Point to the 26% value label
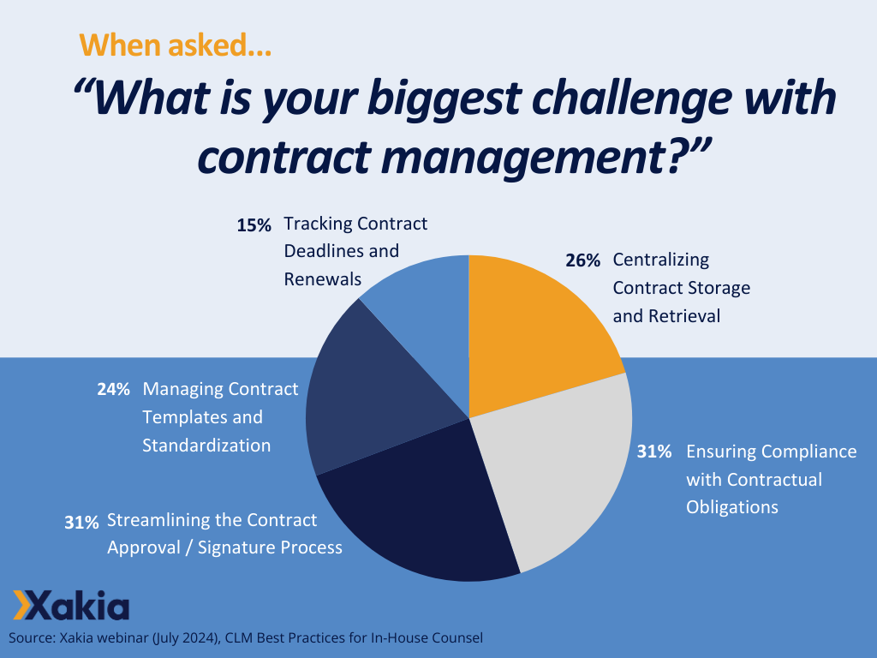coord(582,260)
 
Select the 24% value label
coord(113,390)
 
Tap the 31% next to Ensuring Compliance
coord(654,452)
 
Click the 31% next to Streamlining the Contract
coord(82,522)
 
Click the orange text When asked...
coord(176,45)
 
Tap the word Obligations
coord(732,507)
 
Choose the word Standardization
coord(206,446)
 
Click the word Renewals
coord(322,279)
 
